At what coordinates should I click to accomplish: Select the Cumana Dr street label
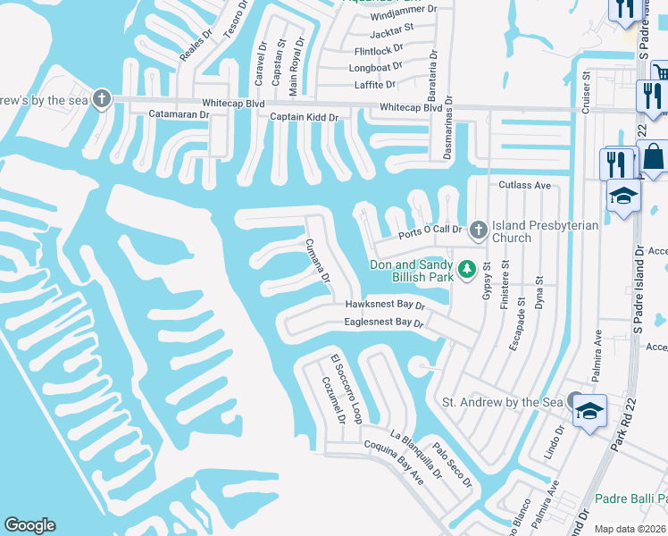coord(318,261)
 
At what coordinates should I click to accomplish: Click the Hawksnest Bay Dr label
coord(385,305)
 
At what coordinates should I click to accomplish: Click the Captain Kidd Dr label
coord(305,117)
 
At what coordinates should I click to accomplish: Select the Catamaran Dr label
coord(179,114)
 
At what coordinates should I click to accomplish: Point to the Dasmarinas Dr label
coord(448,130)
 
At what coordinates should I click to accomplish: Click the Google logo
coord(29,525)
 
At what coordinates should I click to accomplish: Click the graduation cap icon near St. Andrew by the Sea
coord(589,412)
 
